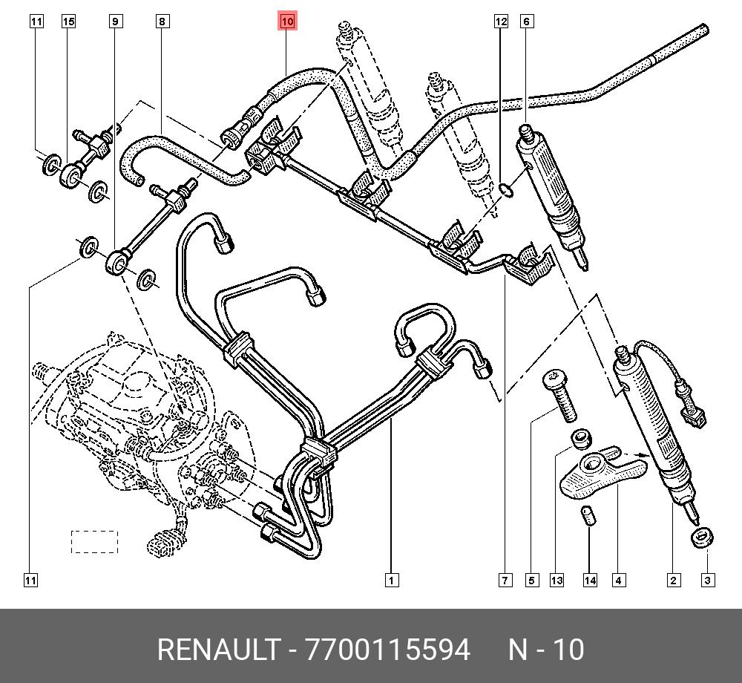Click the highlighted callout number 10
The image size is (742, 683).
(287, 22)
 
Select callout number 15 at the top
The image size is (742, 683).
(68, 22)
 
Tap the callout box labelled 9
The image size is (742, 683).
(115, 22)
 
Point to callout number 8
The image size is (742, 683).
(162, 22)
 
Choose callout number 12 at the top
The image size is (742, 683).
(501, 22)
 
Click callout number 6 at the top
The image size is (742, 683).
(527, 22)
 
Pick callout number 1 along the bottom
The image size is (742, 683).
(391, 581)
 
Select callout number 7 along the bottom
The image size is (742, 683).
(505, 581)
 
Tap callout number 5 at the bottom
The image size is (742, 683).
(532, 581)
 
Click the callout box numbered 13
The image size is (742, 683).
(557, 581)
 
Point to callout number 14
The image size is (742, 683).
(589, 581)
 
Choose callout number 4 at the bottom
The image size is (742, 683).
(617, 581)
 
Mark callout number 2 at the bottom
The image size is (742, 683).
(673, 581)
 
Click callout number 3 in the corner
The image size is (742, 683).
(708, 581)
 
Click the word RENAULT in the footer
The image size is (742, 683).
(217, 650)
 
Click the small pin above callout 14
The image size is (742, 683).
(588, 516)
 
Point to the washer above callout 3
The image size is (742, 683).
(701, 537)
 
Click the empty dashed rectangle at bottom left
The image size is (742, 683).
(94, 542)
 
